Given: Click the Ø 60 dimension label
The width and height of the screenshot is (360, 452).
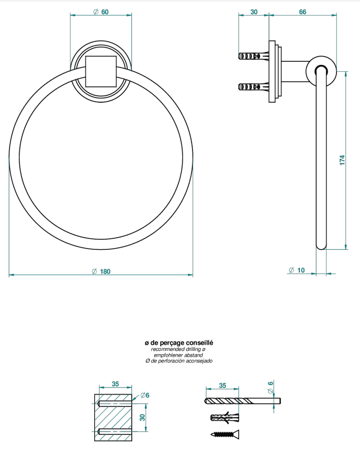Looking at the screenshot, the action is [x=101, y=12].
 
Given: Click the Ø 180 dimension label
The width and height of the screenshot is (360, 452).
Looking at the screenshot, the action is [x=101, y=271].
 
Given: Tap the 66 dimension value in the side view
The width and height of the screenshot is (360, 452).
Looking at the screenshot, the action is [x=302, y=12].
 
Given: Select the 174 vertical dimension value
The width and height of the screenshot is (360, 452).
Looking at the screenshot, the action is [x=342, y=160].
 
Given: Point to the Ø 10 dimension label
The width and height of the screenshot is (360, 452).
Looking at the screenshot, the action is [x=297, y=270].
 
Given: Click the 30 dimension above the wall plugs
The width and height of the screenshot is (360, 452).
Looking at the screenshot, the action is [x=254, y=12].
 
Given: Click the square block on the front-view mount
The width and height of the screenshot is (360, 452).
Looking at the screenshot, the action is [x=101, y=71].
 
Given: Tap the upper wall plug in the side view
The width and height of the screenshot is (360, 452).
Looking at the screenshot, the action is [x=253, y=56].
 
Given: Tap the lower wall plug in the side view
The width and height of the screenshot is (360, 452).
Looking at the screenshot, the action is [x=253, y=86].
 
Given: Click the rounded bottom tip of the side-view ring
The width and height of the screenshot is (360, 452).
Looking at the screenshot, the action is [x=321, y=247].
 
